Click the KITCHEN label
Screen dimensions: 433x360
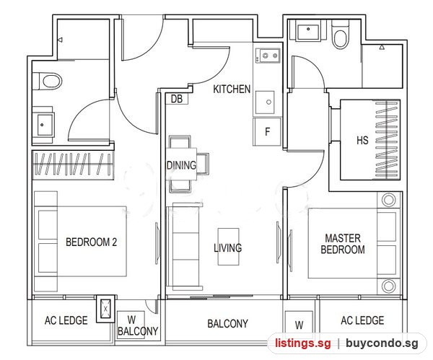[x=232, y=89]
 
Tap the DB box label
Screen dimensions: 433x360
[x=177, y=99]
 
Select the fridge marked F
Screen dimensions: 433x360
[x=267, y=132]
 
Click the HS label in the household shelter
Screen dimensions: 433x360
[x=362, y=140]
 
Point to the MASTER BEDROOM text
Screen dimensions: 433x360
[x=343, y=244]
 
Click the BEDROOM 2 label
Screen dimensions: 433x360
[x=91, y=242]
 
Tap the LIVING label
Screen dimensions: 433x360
[x=228, y=247]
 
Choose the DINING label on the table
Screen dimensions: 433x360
[x=181, y=165]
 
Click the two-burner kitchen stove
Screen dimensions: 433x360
[x=268, y=56]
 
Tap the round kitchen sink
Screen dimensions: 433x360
[x=265, y=102]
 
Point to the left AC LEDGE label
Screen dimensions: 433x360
[x=66, y=320]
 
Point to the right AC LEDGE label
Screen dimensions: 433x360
[x=362, y=320]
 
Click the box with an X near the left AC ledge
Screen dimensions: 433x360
[x=105, y=309]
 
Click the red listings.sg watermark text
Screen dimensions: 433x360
[x=302, y=343]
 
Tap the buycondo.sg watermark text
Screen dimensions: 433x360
[x=382, y=343]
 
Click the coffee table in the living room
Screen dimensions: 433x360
[x=228, y=247]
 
